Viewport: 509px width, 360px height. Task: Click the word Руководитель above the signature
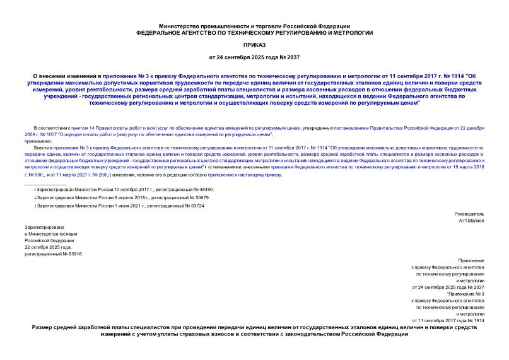coord(471,215)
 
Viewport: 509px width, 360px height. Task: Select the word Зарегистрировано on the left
coord(44,226)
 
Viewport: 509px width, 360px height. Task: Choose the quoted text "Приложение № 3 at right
coord(465,294)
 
